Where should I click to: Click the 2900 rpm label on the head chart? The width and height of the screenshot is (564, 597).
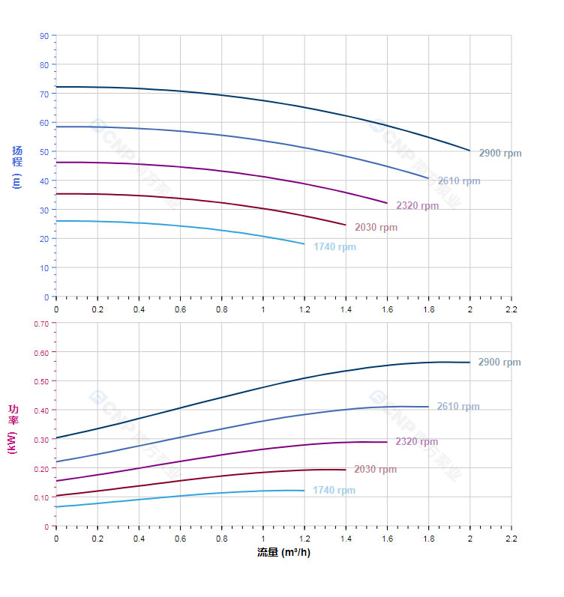click(x=500, y=154)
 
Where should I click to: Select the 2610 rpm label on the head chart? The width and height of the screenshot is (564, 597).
click(x=459, y=181)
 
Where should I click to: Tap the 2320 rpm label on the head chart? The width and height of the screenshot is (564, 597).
click(x=418, y=206)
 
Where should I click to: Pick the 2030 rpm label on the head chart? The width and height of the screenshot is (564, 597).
click(x=376, y=228)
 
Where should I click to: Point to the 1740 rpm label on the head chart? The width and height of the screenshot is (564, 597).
click(x=335, y=247)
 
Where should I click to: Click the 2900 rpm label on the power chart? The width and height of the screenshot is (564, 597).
click(x=499, y=363)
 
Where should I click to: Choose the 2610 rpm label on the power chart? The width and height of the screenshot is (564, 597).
click(x=458, y=407)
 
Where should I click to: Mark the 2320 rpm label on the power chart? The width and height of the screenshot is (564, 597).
click(x=417, y=442)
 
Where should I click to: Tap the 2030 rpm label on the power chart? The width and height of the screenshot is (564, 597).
click(x=376, y=470)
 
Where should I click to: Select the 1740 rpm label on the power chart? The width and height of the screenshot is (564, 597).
click(x=334, y=491)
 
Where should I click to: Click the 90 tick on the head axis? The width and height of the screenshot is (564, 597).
click(x=44, y=36)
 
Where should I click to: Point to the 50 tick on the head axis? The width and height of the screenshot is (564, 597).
click(x=44, y=152)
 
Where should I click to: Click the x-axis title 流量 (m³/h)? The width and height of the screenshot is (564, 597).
click(x=283, y=553)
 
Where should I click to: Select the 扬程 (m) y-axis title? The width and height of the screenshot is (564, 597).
click(x=16, y=166)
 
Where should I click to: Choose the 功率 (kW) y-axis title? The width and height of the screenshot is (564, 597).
click(x=13, y=428)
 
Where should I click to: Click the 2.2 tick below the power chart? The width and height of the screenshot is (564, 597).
click(x=511, y=539)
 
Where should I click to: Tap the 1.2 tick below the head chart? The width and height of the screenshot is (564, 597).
click(x=304, y=309)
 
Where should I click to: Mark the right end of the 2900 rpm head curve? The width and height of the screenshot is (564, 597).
click(x=470, y=151)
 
